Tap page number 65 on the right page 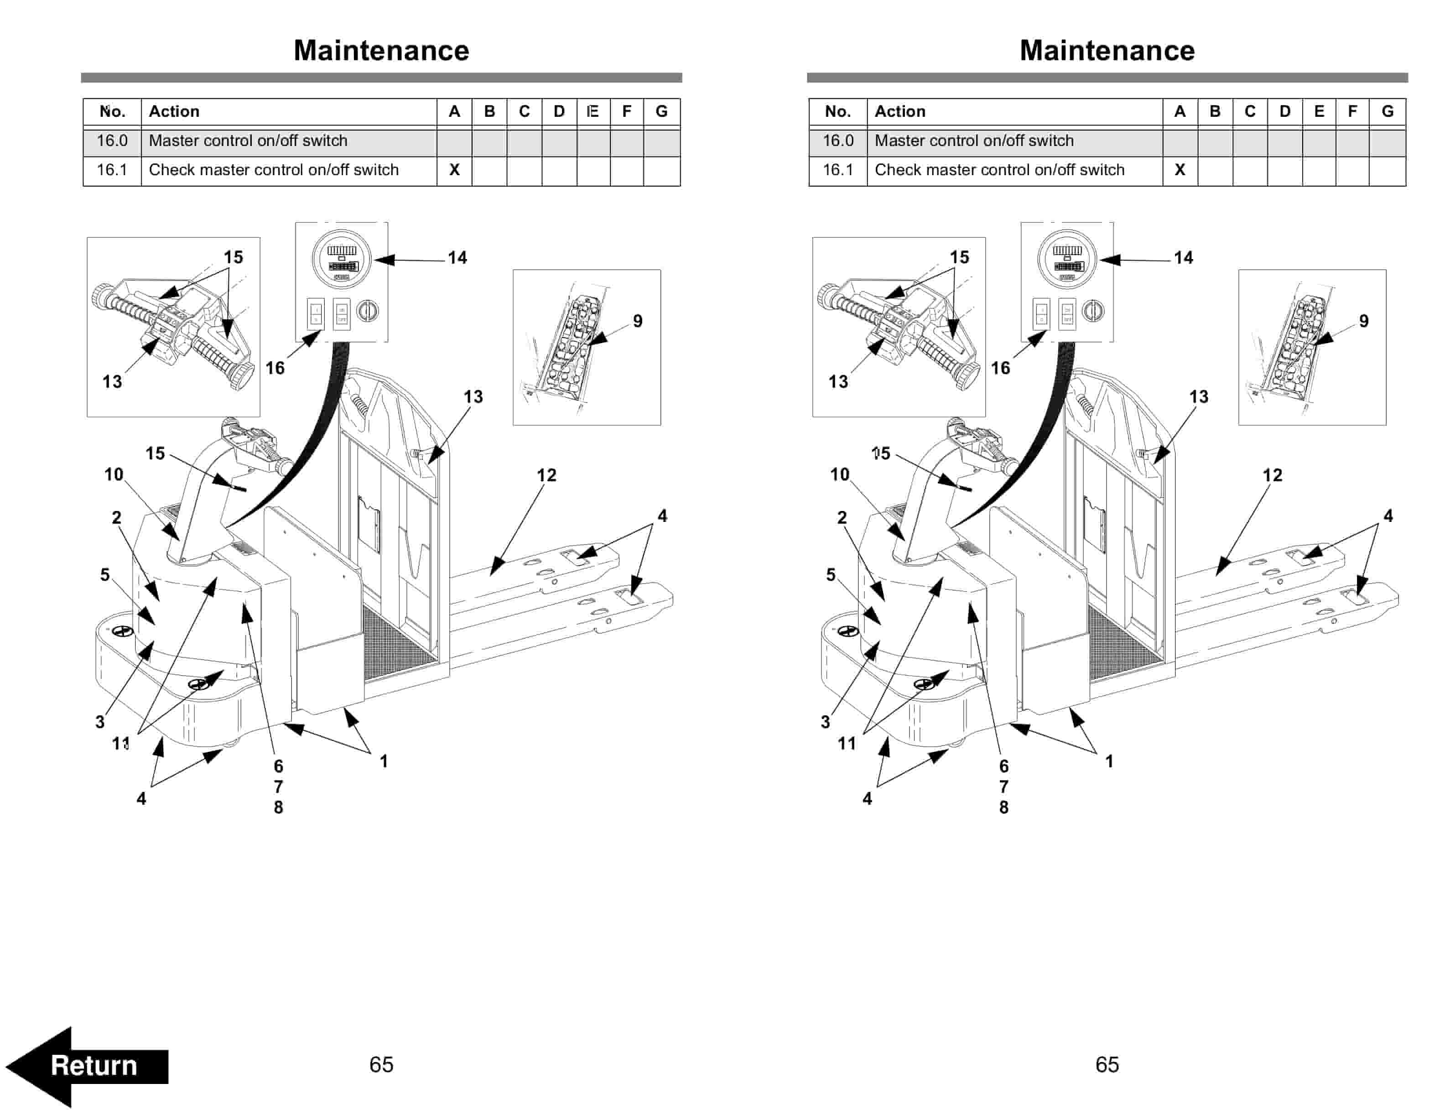1107,1064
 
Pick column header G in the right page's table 1388,111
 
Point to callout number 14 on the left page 457,257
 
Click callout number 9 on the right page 1364,321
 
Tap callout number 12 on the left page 546,475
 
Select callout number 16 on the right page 1000,368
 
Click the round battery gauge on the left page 341,258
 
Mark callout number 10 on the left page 114,474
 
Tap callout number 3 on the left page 100,722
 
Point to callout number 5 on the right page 831,574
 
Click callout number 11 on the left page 120,744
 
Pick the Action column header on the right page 900,111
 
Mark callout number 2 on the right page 842,517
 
